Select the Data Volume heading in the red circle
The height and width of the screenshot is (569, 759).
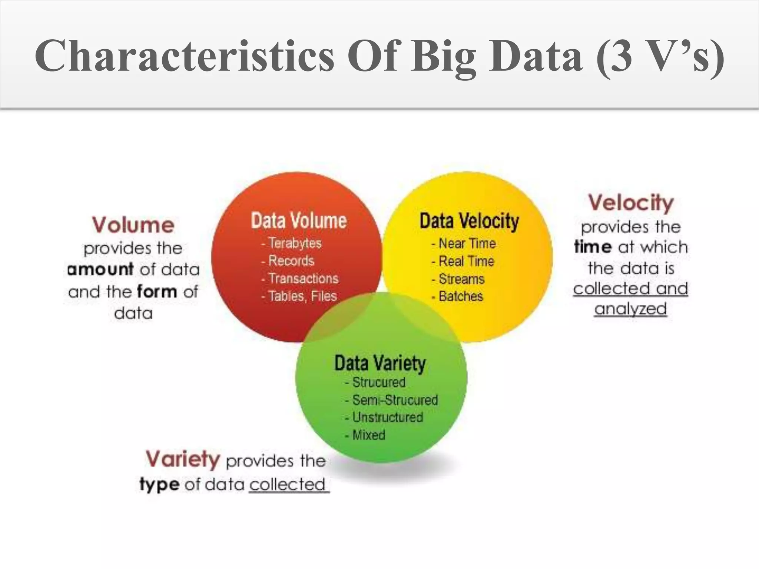click(x=299, y=220)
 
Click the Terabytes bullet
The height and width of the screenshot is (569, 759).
click(x=295, y=243)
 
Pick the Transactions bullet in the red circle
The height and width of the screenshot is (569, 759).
click(x=303, y=278)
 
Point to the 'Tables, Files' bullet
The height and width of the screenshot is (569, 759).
click(x=302, y=296)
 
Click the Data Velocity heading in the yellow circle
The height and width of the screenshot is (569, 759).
click(x=469, y=221)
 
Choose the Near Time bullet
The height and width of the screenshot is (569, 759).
click(x=467, y=243)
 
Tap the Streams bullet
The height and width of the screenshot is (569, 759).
click(x=461, y=279)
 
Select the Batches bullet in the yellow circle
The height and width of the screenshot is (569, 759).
click(x=460, y=296)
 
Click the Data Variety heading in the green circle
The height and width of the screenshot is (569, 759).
click(x=380, y=363)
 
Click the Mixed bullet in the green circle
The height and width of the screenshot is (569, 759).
click(x=368, y=435)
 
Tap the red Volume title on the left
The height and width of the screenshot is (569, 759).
click(x=133, y=225)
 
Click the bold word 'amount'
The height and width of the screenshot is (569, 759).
click(x=100, y=269)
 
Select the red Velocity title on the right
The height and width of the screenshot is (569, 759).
click(x=631, y=203)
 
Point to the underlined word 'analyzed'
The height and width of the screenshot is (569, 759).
click(x=630, y=309)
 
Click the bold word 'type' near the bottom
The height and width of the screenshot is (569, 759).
click(x=159, y=484)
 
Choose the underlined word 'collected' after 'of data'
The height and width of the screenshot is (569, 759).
click(x=288, y=484)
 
